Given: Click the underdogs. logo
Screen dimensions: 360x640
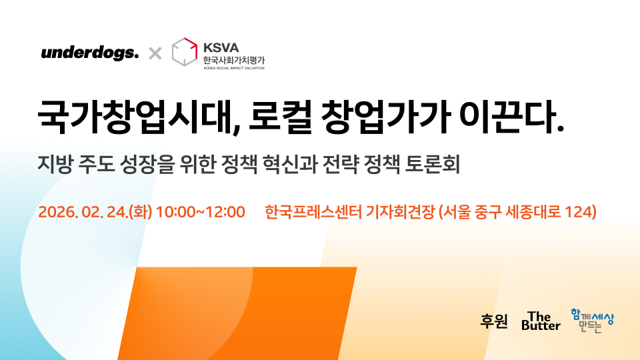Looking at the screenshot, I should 89,53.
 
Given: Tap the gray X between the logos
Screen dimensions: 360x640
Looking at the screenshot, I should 155,53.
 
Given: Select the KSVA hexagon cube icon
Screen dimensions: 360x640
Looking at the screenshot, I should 185,52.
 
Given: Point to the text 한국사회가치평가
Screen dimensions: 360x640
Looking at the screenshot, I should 234,59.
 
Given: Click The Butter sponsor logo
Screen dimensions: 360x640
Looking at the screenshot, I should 541,321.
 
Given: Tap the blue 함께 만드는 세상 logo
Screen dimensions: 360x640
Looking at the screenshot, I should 592,320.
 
